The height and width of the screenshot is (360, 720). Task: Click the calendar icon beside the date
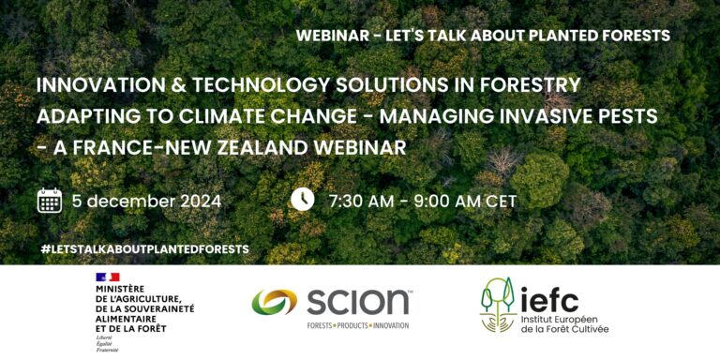click(x=50, y=201)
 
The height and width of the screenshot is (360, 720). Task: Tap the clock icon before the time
click(x=302, y=200)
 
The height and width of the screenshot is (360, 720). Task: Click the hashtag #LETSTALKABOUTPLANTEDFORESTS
click(x=145, y=249)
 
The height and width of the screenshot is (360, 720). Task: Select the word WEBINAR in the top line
click(x=332, y=36)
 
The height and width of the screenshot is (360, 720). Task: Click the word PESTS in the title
click(x=633, y=115)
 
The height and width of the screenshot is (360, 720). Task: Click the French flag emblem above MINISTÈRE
click(x=108, y=277)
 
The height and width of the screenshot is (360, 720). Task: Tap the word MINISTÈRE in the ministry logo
click(x=121, y=289)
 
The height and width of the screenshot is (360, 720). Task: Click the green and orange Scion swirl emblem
click(x=274, y=303)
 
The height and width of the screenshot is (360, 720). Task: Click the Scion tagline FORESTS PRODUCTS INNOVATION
click(x=359, y=325)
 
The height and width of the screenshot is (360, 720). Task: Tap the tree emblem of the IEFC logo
click(x=498, y=306)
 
